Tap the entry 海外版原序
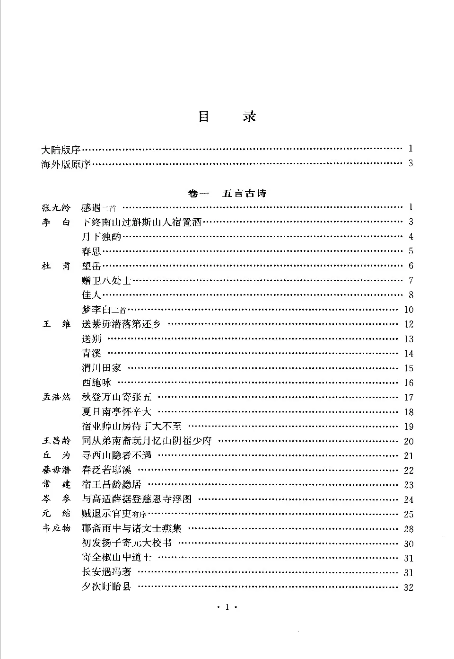[66, 164]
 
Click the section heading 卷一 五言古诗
[227, 193]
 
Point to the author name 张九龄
[56, 207]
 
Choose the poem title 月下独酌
[101, 237]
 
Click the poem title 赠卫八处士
[106, 281]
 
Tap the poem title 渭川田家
[101, 368]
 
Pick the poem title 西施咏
[96, 383]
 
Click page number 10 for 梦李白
[409, 310]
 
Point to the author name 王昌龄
[56, 441]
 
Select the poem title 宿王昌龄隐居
[111, 485]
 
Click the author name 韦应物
[56, 529]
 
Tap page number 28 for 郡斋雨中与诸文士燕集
[409, 529]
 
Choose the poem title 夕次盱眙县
[106, 587]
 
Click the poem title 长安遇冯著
[106, 572]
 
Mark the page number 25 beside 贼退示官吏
[409, 514]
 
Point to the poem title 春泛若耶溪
[106, 470]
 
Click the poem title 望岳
[91, 266]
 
